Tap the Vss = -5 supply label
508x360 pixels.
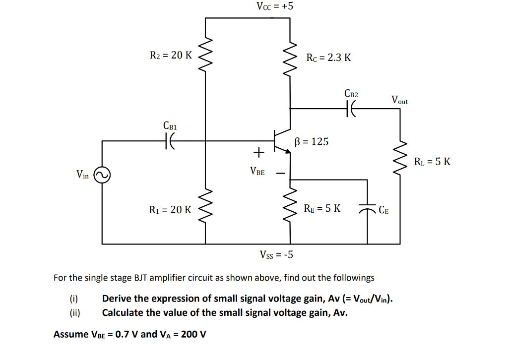coord(276,255)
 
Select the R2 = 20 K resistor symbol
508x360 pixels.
coord(205,55)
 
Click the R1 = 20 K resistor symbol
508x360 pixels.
coord(205,209)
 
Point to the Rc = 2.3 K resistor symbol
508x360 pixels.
coord(290,58)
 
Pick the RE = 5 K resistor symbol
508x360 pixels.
coord(290,208)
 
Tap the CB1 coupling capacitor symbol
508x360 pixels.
coord(170,141)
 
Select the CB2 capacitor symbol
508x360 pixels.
coord(352,108)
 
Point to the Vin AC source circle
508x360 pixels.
coord(102,175)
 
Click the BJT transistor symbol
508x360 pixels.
coord(281,141)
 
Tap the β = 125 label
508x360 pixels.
coord(311,142)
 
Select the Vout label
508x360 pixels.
coord(399,100)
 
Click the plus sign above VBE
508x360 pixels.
coord(258,150)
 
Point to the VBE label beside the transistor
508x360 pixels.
coord(257,172)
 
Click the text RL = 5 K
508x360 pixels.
coord(433,161)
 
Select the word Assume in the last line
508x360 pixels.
coord(70,334)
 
